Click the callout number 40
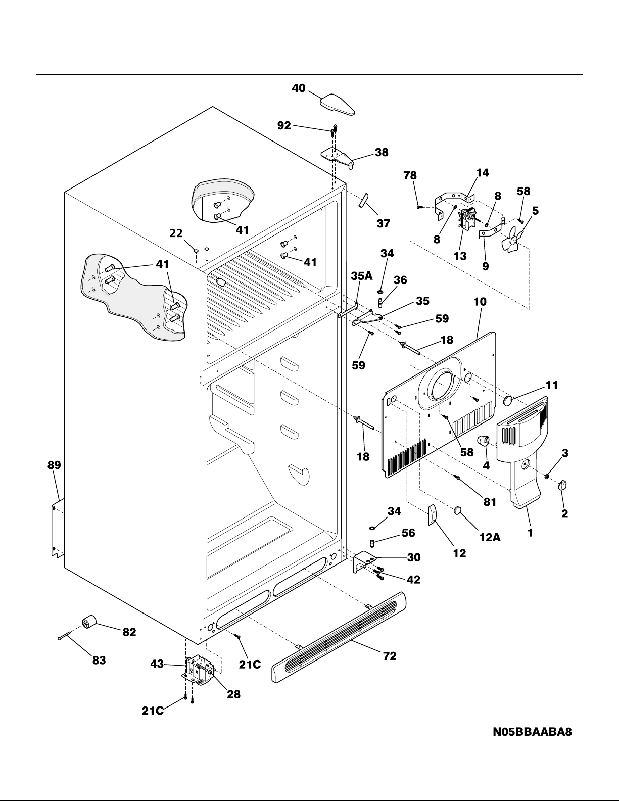click(x=299, y=88)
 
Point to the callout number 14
click(x=482, y=173)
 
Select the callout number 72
click(x=390, y=656)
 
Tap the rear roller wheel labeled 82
click(x=88, y=622)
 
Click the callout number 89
click(x=54, y=465)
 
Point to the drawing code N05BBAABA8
click(x=533, y=732)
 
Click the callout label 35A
click(x=361, y=276)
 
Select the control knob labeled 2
click(x=562, y=485)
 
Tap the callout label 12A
click(x=490, y=537)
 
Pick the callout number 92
click(x=284, y=126)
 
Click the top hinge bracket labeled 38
click(x=338, y=158)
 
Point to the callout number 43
click(x=157, y=664)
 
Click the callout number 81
click(x=490, y=502)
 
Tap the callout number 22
click(x=176, y=233)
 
